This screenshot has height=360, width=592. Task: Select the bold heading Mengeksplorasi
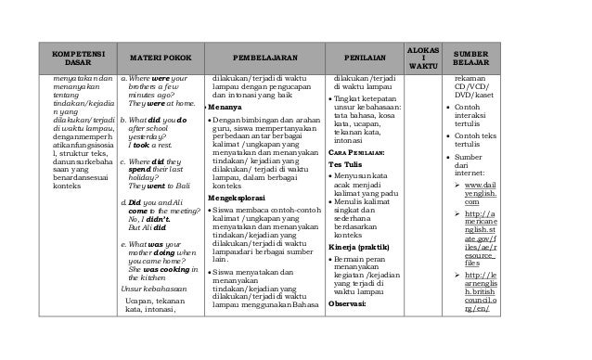click(240, 171)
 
